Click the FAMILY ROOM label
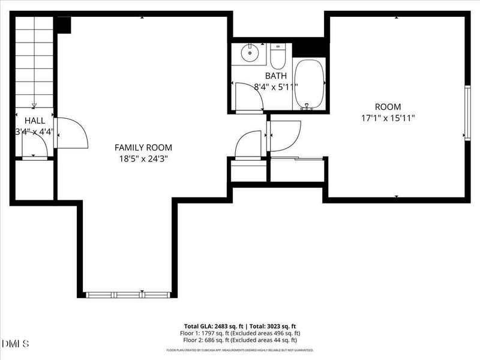click(143, 147)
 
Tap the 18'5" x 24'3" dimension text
click(143, 159)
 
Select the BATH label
click(277, 76)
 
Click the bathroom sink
click(249, 53)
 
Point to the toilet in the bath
click(277, 56)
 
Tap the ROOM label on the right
click(388, 107)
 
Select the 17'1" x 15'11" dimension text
click(388, 118)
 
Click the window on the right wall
click(467, 113)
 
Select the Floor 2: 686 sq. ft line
click(240, 340)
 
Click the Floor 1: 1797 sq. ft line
click(240, 333)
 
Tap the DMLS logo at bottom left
click(15, 343)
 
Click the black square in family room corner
click(63, 25)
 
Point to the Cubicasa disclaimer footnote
click(240, 349)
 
